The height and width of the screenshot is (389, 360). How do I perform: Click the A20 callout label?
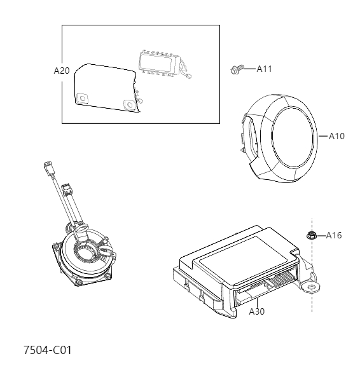[x=62, y=71]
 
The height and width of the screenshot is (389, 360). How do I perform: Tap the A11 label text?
[x=264, y=69]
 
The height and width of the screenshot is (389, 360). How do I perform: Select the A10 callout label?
[x=336, y=136]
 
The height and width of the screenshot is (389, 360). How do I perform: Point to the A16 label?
[x=333, y=236]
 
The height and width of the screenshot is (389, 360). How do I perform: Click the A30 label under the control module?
[x=256, y=311]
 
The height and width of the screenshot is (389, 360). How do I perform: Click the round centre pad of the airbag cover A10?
[x=293, y=139]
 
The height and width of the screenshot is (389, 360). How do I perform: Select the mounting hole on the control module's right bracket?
[x=312, y=287]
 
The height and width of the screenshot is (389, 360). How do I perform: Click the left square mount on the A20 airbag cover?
[x=82, y=99]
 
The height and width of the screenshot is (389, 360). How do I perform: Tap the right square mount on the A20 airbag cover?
[x=130, y=104]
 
